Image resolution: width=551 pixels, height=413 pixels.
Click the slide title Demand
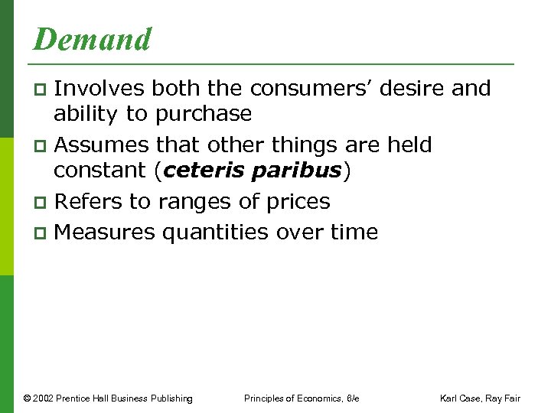pyautogui.click(x=92, y=39)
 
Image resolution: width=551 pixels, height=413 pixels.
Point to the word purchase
pyautogui.click(x=203, y=114)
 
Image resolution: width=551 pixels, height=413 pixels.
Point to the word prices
pyautogui.click(x=295, y=202)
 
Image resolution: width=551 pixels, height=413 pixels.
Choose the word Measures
pyautogui.click(x=105, y=232)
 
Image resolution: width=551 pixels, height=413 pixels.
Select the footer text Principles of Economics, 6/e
pyautogui.click(x=302, y=398)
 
